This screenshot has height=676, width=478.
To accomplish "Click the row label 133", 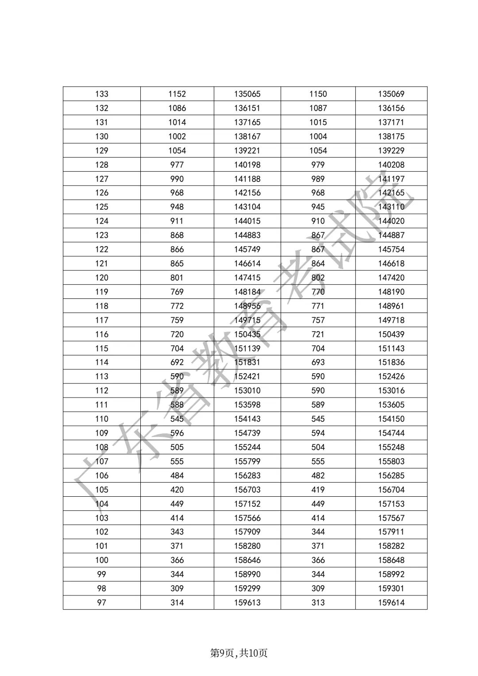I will pos(101,94).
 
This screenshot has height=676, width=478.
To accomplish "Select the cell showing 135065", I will pos(247,94).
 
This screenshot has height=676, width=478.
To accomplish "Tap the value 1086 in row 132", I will pos(177,108).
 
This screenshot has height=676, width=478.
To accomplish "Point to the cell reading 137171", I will pos(391,122).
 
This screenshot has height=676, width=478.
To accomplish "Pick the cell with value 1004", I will pos(318,136).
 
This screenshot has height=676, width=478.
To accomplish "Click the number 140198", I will pos(247,165).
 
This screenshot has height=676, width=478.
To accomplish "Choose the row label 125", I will pos(101,207).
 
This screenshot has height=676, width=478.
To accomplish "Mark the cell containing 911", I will pos(177,221).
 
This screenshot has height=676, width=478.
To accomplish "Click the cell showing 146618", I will pos(391,263).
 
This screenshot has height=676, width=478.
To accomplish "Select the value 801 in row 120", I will pos(177,278).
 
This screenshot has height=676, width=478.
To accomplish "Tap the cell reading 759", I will pos(177,320).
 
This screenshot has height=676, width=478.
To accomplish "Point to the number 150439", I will pos(391,334).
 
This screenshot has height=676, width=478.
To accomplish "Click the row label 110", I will pos(101,419).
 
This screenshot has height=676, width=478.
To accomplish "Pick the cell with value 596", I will pos(177,433).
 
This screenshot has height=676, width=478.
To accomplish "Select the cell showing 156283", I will pos(247,475).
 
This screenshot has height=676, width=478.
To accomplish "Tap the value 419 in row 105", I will pos(318,490).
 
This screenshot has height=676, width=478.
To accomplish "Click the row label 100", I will pos(101,560).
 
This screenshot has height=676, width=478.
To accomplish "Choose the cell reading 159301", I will pos(391,588).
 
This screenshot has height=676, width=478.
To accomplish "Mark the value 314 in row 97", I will pos(177,603).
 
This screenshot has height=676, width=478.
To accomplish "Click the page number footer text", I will pos(239,653).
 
